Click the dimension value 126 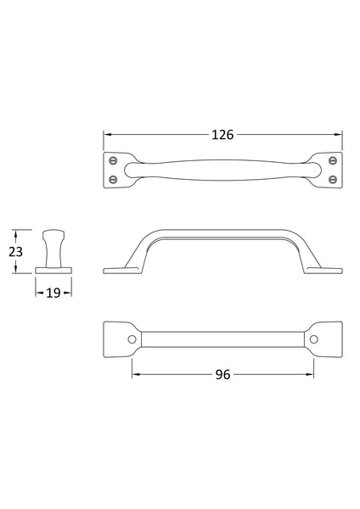[222, 135]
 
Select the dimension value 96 [222, 375]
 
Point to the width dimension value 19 [53, 292]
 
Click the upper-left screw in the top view [113, 159]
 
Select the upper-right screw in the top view [333, 159]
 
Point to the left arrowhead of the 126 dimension [107, 135]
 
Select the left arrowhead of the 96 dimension [135, 375]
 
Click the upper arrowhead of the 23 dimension [15, 232]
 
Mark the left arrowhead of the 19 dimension [38, 292]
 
